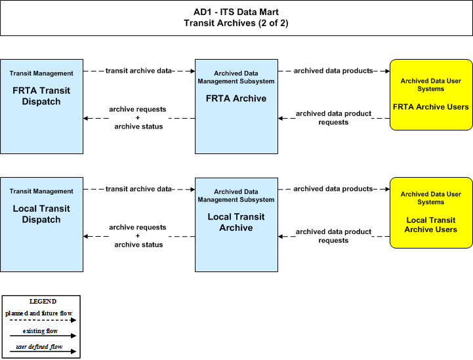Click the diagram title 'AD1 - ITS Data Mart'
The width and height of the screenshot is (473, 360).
pyautogui.click(x=236, y=12)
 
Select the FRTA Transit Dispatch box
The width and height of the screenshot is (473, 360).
pyautogui.click(x=41, y=106)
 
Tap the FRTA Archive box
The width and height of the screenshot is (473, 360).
pyautogui.click(x=236, y=106)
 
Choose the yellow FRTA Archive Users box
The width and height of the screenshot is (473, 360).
pyautogui.click(x=431, y=94)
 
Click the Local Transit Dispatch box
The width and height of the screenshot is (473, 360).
pyautogui.click(x=41, y=225)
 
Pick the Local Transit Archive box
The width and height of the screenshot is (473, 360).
pyautogui.click(x=236, y=225)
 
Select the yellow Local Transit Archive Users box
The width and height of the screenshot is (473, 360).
pyautogui.click(x=431, y=213)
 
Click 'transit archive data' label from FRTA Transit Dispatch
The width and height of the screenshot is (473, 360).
pyautogui.click(x=138, y=71)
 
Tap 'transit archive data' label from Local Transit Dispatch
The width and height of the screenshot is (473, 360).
pyautogui.click(x=138, y=189)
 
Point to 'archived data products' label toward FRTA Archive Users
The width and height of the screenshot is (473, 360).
pyautogui.click(x=333, y=71)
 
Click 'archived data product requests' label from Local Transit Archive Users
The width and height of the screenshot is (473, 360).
pyautogui.click(x=333, y=236)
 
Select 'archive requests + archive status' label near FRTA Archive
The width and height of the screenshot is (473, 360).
pyautogui.click(x=138, y=118)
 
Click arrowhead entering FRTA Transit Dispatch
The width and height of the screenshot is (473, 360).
pyautogui.click(x=86, y=118)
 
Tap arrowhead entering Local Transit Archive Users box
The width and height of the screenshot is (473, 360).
pyautogui.click(x=387, y=189)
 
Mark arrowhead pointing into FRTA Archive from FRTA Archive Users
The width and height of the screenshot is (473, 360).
pyautogui.click(x=281, y=118)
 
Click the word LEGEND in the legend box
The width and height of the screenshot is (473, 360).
pyautogui.click(x=43, y=302)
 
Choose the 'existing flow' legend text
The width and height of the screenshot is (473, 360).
pyautogui.click(x=40, y=330)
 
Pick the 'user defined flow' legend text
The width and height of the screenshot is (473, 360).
pyautogui.click(x=39, y=347)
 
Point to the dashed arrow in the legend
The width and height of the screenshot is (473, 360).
pyautogui.click(x=43, y=320)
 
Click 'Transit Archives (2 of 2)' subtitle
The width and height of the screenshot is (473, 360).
pyautogui.click(x=236, y=23)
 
